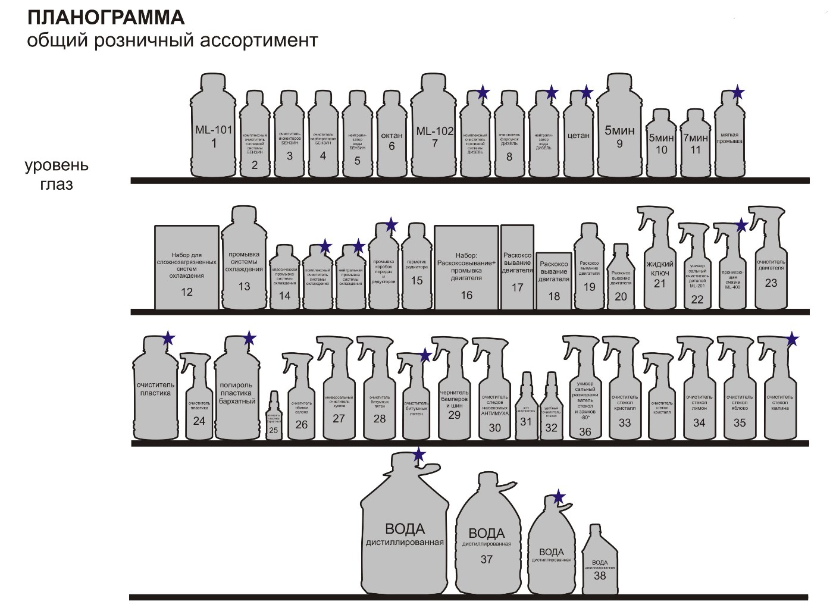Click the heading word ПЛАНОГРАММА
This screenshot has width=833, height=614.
(x=106, y=18)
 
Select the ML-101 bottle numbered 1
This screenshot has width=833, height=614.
(x=214, y=134)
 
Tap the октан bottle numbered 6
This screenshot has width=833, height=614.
(x=391, y=140)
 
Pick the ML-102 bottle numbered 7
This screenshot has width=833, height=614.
(x=435, y=134)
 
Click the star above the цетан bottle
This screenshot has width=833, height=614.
(x=587, y=92)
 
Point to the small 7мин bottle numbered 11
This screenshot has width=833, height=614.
(x=696, y=146)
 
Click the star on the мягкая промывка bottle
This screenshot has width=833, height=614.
(x=738, y=92)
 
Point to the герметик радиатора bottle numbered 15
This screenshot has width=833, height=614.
(x=416, y=271)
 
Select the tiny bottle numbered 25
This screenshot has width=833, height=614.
(x=273, y=419)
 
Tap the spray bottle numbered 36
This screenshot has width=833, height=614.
(x=585, y=405)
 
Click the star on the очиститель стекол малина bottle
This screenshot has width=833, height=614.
(x=792, y=339)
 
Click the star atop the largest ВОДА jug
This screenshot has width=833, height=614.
(x=419, y=455)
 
